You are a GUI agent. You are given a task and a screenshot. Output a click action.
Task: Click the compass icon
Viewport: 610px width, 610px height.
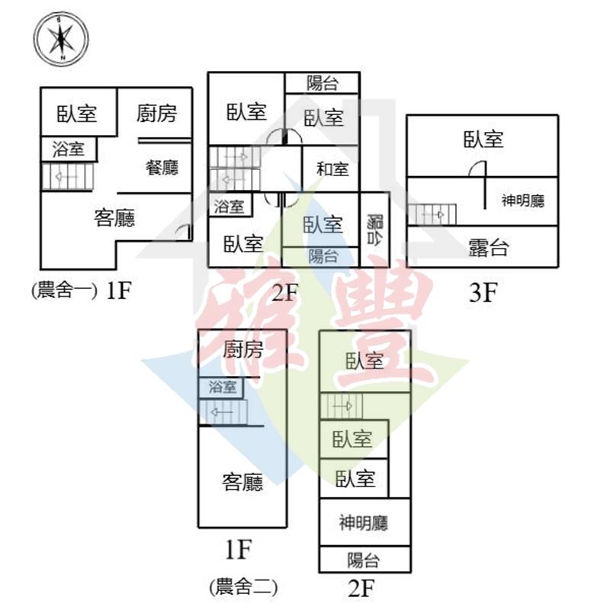tap(61, 38)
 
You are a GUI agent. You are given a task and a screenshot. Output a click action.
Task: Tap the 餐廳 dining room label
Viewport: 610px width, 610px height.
tap(162, 167)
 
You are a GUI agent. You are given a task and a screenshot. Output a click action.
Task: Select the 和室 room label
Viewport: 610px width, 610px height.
tap(332, 169)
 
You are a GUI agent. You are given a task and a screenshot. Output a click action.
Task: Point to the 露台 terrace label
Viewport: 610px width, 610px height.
tap(488, 247)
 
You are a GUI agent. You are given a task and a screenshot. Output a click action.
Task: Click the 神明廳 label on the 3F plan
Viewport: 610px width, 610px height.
tap(523, 201)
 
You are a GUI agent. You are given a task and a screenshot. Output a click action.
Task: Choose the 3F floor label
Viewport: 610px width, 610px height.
tap(483, 292)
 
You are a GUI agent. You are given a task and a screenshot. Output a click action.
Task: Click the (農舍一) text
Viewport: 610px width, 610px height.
tap(64, 291)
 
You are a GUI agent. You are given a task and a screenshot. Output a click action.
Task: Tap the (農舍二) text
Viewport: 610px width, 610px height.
tap(242, 586)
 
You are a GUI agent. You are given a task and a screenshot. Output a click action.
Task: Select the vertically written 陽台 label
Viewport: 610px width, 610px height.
tap(374, 229)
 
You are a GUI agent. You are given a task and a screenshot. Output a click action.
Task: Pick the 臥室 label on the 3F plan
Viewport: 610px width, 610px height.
tap(483, 139)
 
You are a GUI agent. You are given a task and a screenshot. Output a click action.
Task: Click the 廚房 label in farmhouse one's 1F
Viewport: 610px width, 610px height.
tap(156, 114)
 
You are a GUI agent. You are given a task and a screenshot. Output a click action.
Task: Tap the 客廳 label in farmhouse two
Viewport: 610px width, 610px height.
tap(243, 482)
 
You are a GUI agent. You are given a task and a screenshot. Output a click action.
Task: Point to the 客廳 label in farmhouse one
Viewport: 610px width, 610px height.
tap(114, 219)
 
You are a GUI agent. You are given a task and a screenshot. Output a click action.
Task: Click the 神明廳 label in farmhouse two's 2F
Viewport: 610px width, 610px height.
tap(364, 523)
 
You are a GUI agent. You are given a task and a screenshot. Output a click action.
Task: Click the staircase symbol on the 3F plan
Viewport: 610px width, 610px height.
tap(432, 214)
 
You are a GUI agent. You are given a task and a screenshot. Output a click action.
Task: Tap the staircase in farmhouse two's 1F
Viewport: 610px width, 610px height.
tap(223, 413)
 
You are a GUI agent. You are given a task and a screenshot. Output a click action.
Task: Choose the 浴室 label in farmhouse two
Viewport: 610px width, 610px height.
tap(223, 387)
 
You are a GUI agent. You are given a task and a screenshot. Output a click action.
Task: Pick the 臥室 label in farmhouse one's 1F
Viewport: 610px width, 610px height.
tap(77, 114)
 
